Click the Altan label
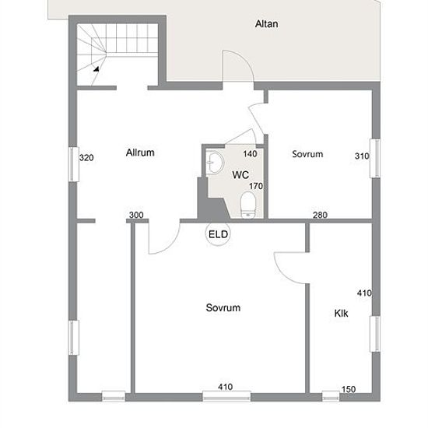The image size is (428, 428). (266, 24)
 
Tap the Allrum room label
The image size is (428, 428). (140, 153)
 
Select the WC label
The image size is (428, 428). (240, 174)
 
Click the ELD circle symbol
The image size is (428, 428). (218, 234)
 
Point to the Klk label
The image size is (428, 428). (341, 313)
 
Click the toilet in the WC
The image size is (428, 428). (247, 205)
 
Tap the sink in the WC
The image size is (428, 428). (215, 163)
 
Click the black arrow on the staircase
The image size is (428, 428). (96, 68)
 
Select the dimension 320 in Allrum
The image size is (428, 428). (86, 157)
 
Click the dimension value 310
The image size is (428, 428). (362, 156)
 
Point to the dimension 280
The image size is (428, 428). (320, 215)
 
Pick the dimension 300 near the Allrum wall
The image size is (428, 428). (136, 215)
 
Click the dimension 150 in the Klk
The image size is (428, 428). (349, 389)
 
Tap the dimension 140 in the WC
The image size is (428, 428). (250, 154)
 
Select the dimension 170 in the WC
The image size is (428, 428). (256, 186)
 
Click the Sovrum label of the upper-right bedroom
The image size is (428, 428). (307, 154)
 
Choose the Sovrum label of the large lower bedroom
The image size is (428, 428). (223, 307)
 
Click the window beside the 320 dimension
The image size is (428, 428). (73, 164)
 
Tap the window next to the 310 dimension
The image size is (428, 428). (375, 158)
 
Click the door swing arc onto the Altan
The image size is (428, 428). (244, 58)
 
